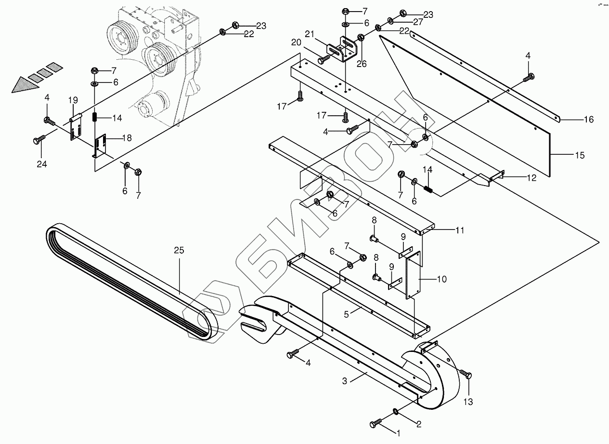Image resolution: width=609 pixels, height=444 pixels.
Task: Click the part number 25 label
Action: tap(179, 251)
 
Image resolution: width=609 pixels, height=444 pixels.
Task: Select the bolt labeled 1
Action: tap(376, 424)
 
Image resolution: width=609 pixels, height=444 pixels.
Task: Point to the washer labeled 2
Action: tap(395, 411)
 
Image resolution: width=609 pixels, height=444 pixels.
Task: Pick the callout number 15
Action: tap(579, 155)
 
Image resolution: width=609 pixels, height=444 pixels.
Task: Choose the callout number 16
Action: tap(588, 120)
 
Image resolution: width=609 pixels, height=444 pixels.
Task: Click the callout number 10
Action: tap(441, 279)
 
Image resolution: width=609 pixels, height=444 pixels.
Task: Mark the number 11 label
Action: tap(460, 230)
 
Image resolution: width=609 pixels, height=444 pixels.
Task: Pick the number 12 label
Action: tap(531, 177)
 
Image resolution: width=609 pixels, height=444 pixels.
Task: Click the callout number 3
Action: tap(345, 380)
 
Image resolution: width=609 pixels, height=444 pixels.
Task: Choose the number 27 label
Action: tap(417, 22)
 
